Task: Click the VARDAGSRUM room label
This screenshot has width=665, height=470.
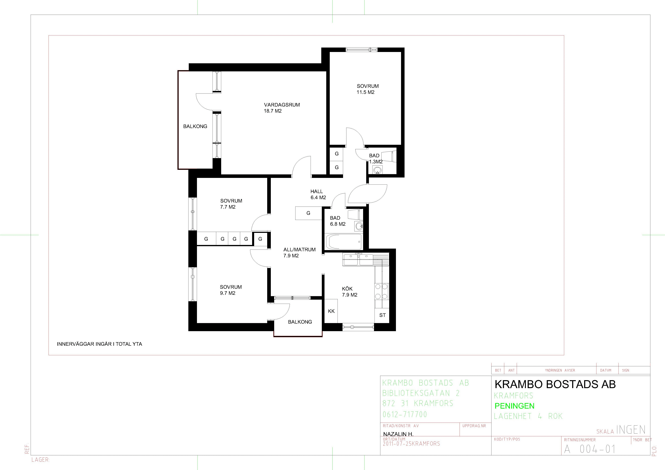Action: click(x=282, y=105)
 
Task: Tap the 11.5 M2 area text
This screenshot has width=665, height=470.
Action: click(x=366, y=92)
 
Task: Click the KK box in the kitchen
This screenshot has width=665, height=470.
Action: click(x=331, y=311)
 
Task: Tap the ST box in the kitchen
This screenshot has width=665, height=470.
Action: click(x=382, y=315)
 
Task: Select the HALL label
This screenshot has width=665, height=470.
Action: click(x=317, y=191)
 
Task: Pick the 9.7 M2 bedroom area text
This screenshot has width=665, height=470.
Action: click(x=228, y=293)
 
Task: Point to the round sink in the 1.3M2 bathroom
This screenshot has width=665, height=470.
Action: click(x=377, y=170)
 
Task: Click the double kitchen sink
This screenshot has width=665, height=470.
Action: click(x=358, y=259)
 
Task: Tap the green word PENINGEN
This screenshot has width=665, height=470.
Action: click(x=514, y=406)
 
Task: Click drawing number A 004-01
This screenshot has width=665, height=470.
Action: click(x=590, y=449)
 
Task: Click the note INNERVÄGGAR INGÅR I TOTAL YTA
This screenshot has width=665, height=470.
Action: click(x=99, y=344)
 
